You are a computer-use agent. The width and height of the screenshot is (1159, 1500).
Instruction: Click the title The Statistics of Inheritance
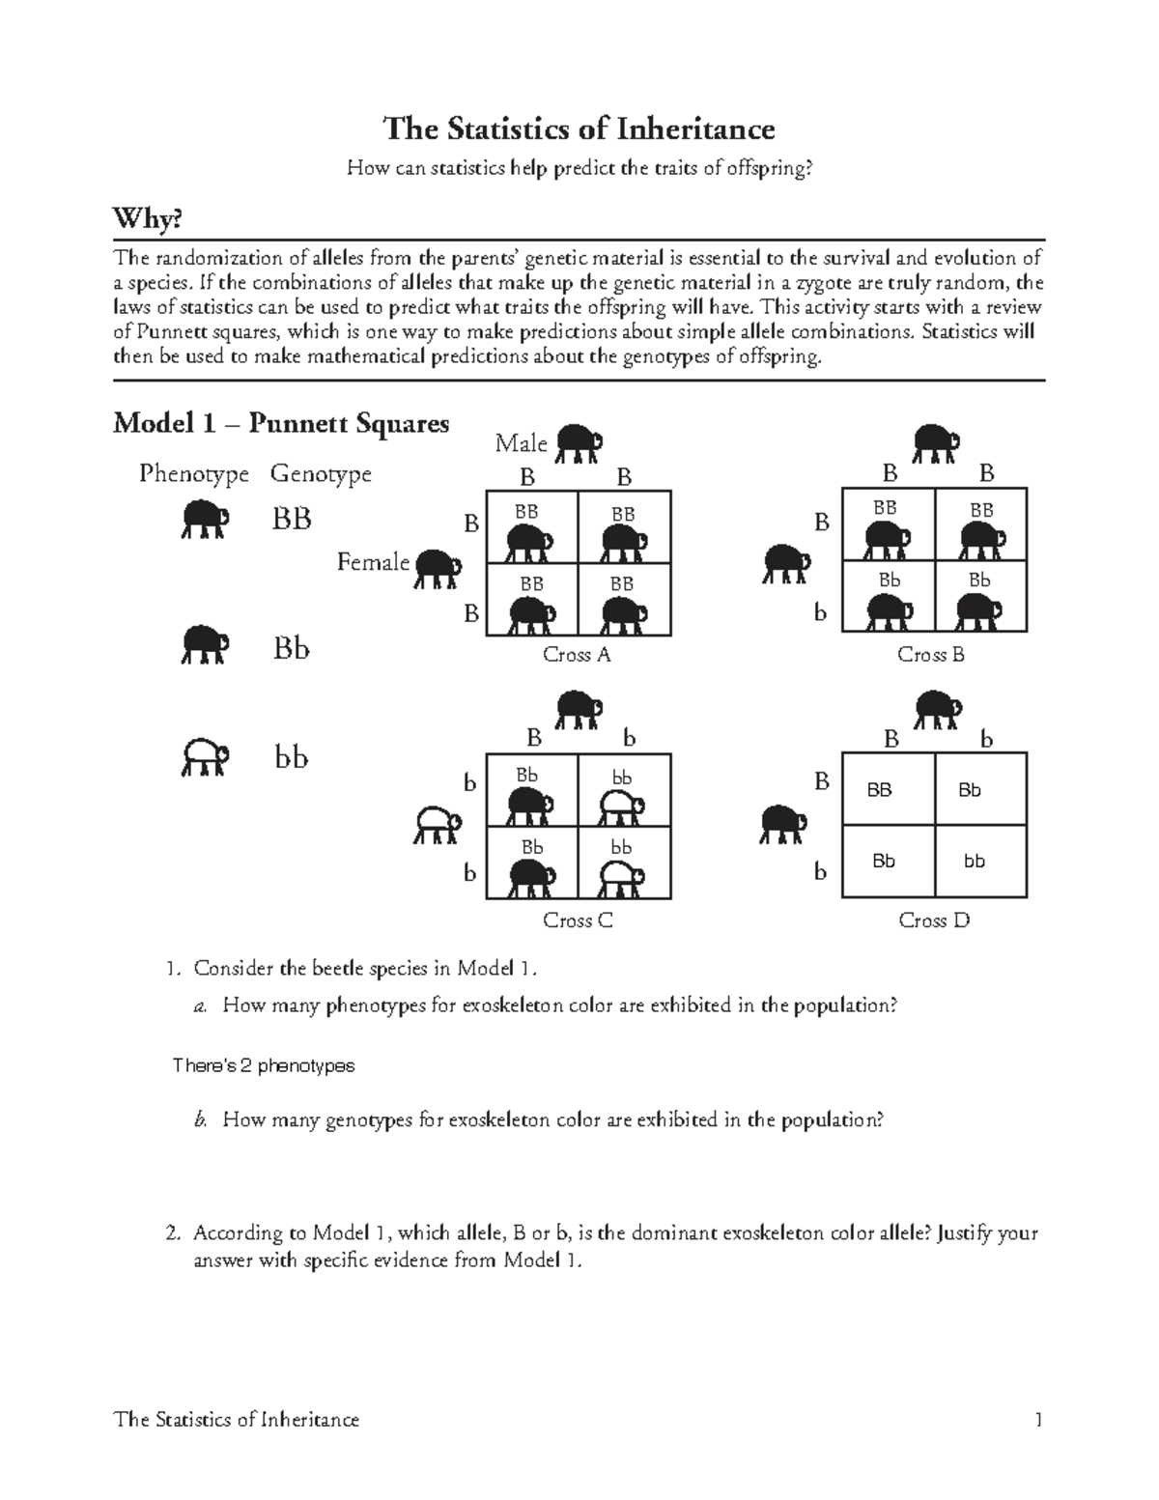579,128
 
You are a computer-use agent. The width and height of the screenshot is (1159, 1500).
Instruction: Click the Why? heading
148,220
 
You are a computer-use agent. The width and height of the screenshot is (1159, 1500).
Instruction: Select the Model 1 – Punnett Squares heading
281,423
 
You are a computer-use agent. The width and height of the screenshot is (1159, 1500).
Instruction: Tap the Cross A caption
577,655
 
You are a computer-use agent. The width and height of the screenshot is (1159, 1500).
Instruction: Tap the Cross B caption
931,655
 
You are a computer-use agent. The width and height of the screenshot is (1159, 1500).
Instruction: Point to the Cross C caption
578,920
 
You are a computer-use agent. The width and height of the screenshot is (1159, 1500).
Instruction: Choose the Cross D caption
933,920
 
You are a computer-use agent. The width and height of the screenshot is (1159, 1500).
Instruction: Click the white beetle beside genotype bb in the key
204,758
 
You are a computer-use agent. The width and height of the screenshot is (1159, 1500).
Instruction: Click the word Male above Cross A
521,443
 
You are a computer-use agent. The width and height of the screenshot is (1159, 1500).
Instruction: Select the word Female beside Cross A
373,562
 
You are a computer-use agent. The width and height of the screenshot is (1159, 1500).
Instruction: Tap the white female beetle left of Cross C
437,824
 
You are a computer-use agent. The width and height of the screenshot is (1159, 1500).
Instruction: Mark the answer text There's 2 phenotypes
263,1065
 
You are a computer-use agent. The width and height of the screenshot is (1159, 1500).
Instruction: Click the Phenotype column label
193,474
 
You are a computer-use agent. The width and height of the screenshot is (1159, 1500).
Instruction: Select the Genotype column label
321,474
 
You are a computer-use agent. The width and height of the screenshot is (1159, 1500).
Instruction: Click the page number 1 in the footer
1038,1419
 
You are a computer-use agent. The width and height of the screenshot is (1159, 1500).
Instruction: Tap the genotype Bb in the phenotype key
291,648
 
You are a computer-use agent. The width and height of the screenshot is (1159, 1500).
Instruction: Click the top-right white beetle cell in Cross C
624,798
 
